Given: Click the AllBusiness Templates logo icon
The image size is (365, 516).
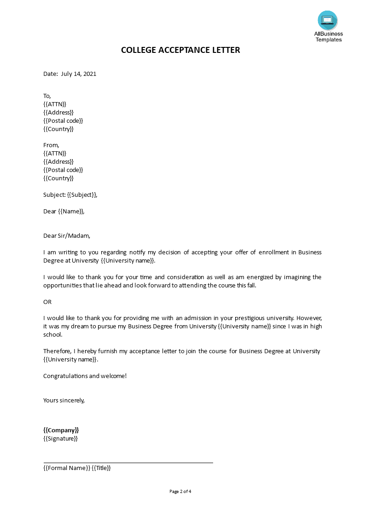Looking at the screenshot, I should [327, 21].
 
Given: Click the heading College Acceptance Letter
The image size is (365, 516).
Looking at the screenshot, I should [180, 50].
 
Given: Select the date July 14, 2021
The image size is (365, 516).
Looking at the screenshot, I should [79, 74].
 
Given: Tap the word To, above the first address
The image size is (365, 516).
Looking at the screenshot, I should [47, 96].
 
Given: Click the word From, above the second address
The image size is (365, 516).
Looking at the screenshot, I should [51, 145].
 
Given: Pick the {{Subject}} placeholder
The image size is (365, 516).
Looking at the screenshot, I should [82, 195].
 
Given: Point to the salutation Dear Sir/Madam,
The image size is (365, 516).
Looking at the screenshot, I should [67, 236].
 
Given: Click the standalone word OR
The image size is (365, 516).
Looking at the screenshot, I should [47, 302].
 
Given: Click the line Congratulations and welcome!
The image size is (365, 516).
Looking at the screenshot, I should [85, 376].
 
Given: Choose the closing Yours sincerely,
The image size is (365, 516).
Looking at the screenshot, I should [64, 400].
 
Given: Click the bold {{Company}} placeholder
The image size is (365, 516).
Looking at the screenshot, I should [61, 430].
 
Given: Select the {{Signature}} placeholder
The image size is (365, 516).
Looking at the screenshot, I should [60, 438].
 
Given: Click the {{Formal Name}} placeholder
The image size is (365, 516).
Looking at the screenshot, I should [66, 468].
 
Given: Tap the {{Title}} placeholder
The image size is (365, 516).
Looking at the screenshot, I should [101, 468].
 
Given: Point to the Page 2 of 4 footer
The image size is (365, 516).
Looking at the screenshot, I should [180, 491].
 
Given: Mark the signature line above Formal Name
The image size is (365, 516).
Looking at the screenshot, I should [128, 462].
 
